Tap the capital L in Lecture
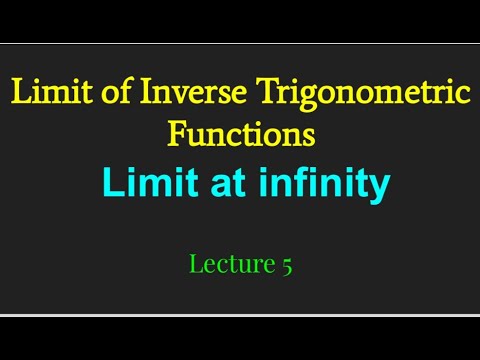click(194, 264)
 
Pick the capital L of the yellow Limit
click(19, 95)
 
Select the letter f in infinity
click(291, 184)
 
